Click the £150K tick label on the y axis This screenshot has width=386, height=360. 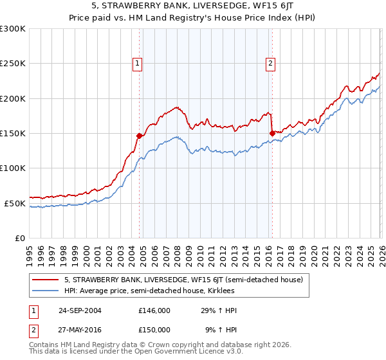pyautogui.click(x=13, y=133)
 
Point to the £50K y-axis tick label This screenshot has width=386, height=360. pyautogui.click(x=15, y=203)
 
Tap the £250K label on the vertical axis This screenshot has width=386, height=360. pyautogui.click(x=13, y=64)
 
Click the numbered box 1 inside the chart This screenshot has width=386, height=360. pyautogui.click(x=138, y=63)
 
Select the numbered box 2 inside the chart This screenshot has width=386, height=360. pyautogui.click(x=270, y=63)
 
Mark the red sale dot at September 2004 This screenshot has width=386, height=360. pyautogui.click(x=139, y=136)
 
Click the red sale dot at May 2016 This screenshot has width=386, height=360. pyautogui.click(x=272, y=133)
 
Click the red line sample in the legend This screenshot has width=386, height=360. pyautogui.click(x=46, y=280)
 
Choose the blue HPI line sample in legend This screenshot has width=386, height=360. pyautogui.click(x=46, y=291)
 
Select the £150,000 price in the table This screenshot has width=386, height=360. pyautogui.click(x=154, y=329)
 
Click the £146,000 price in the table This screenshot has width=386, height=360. pyautogui.click(x=154, y=310)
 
